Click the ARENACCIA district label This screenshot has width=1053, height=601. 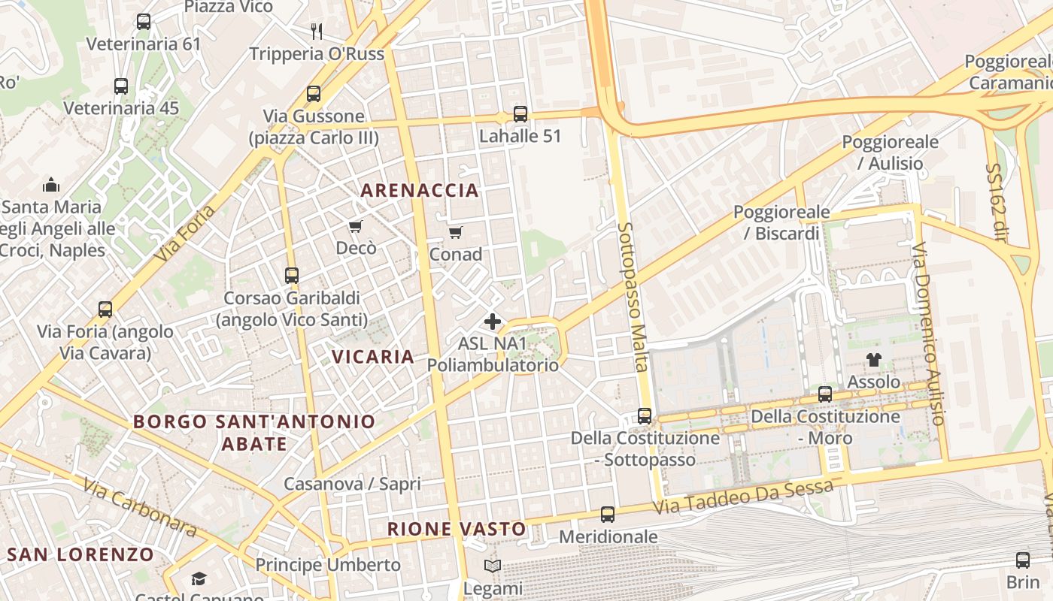click(420, 190)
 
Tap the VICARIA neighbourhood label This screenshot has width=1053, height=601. click(373, 357)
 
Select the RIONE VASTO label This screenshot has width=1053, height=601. click(457, 529)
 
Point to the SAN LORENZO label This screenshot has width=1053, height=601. click(80, 555)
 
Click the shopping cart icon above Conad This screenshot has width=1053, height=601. click(455, 232)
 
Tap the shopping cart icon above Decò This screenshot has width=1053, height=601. click(356, 226)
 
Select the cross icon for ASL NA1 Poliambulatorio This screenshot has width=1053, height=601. click(493, 322)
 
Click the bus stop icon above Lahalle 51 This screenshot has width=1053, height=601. click(520, 114)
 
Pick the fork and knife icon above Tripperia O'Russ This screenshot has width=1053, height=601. click(317, 31)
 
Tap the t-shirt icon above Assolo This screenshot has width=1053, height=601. click(873, 360)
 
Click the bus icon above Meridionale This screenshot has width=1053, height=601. click(608, 515)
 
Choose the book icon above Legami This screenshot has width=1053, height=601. click(493, 566)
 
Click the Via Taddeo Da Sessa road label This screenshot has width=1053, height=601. click(742, 497)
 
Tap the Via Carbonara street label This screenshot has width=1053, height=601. click(140, 509)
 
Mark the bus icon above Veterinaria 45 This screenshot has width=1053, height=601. click(121, 86)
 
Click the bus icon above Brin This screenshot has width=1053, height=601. click(1023, 560)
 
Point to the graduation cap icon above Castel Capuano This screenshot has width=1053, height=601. click(199, 578)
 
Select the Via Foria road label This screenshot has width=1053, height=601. click(185, 234)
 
